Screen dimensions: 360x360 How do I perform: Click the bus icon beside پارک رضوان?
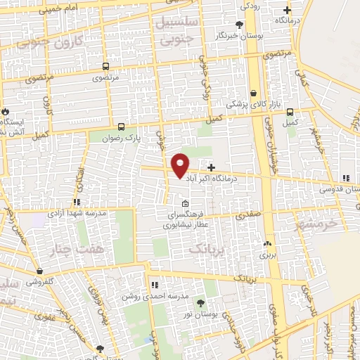122,127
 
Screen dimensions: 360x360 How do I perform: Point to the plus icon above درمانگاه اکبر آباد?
212,167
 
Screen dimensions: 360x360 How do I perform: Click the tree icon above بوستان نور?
201,302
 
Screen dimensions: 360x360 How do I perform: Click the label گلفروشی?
42,281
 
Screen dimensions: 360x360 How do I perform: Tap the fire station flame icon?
6,111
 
